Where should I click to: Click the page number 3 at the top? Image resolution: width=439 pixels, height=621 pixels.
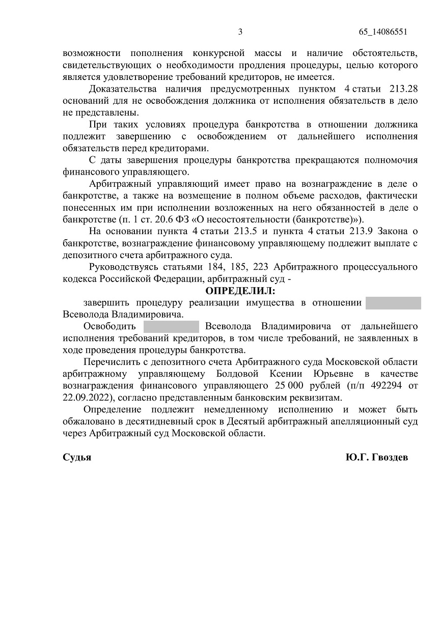[240, 32]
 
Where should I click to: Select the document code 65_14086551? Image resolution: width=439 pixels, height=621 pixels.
[383, 32]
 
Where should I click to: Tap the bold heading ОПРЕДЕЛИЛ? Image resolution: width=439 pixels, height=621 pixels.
[240, 292]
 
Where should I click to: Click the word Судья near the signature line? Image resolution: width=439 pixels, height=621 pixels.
[77, 457]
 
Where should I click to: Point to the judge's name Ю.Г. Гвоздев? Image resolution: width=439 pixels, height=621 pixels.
[376, 457]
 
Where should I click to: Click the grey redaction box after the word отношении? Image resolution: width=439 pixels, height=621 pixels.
[393, 303]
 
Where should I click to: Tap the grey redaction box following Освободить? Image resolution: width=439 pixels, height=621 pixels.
[171, 326]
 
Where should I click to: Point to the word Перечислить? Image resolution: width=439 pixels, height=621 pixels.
[113, 362]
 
